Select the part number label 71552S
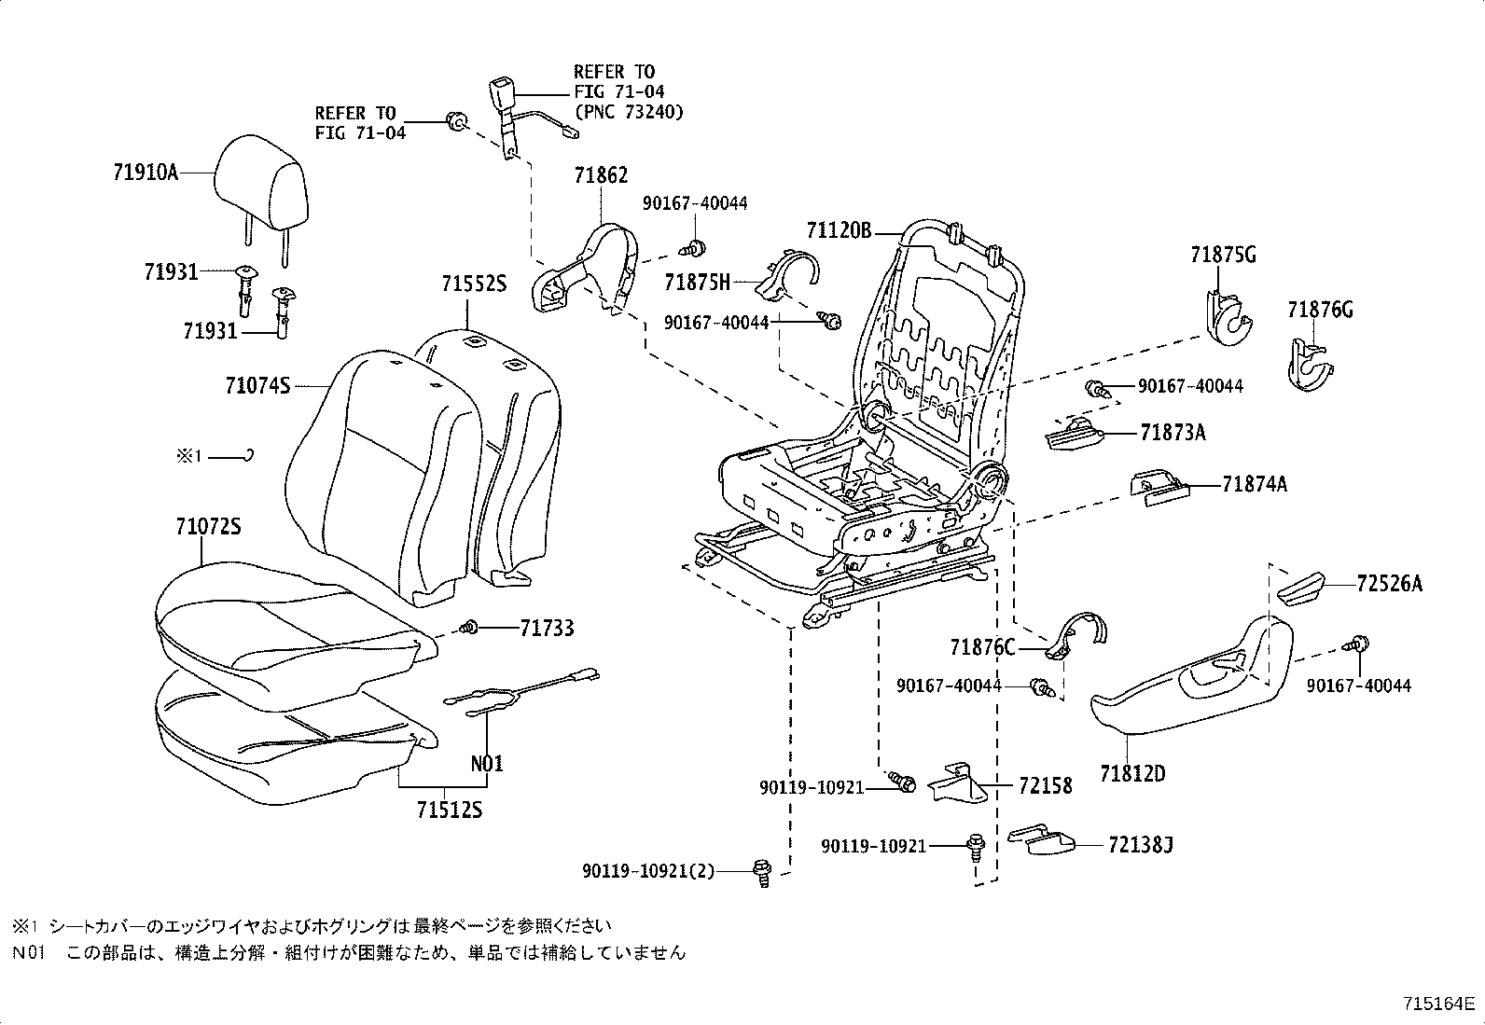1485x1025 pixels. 474,284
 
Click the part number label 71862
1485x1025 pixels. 601,175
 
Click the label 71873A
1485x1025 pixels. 1173,433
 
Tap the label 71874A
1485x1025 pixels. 1254,484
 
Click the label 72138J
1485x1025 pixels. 1141,845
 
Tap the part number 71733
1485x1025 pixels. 547,629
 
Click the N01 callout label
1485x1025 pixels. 486,764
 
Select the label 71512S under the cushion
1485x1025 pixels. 449,810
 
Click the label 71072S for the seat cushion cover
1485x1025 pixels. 208,527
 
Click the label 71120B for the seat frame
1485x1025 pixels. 839,230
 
